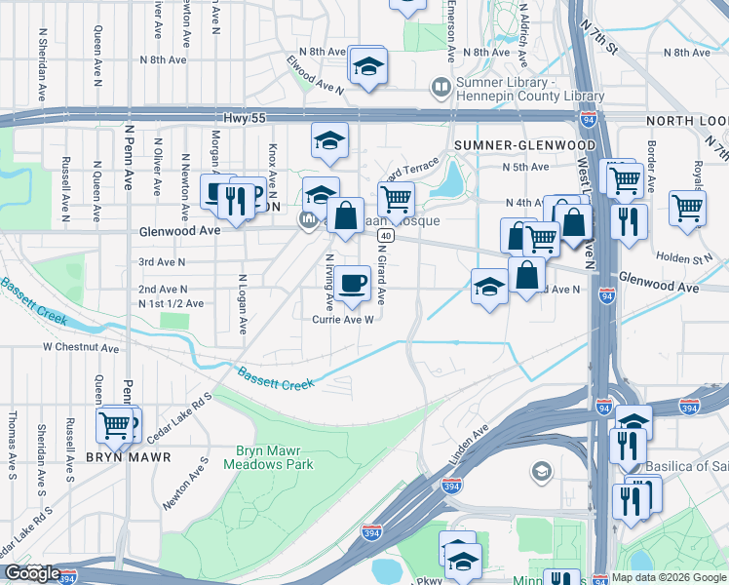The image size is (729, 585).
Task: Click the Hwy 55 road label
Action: [x=244, y=116]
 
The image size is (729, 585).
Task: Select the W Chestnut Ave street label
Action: [x=80, y=347]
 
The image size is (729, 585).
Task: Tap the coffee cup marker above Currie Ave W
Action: [x=354, y=284]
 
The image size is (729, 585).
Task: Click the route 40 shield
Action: [x=387, y=236]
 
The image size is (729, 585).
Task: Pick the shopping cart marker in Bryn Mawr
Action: [x=116, y=424]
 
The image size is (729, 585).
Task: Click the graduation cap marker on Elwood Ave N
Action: [x=368, y=66]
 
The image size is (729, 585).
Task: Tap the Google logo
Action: [x=32, y=573]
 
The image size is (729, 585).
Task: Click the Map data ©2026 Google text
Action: [x=669, y=577]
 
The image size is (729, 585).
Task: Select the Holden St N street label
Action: [x=691, y=259]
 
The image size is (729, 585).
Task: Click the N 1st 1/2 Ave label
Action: [x=171, y=303]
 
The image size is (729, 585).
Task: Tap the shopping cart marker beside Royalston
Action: [x=688, y=207]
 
